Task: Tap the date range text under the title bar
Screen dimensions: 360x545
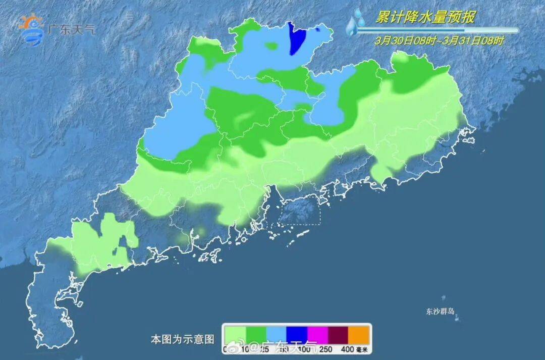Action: tap(439, 41)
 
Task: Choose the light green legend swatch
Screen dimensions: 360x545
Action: tap(235, 335)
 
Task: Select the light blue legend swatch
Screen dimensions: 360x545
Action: tap(276, 335)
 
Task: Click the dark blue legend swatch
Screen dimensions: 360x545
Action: tap(297, 335)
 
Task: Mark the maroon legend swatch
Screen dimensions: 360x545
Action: tap(338, 335)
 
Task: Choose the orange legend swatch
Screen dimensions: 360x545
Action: tap(359, 335)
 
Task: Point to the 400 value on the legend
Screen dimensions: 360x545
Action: tap(348, 349)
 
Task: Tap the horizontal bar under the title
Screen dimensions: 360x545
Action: tap(437, 30)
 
